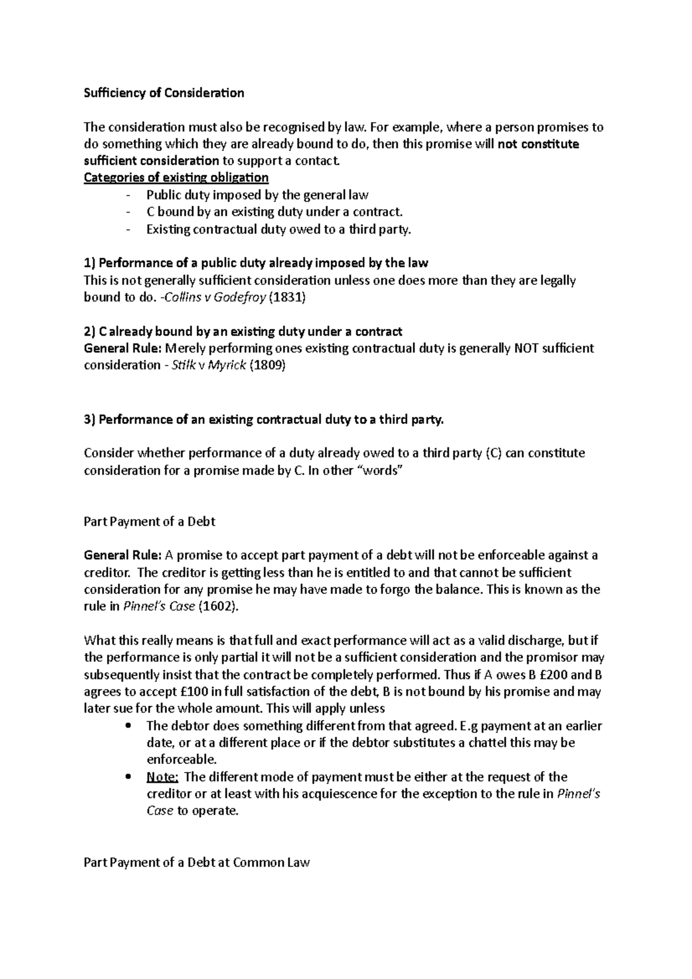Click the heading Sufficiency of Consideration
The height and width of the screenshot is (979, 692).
164,93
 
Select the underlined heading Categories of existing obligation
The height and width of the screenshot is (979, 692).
176,177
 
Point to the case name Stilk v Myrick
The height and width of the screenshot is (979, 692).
209,365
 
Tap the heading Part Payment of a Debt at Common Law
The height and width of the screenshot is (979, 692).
197,863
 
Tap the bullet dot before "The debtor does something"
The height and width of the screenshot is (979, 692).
128,725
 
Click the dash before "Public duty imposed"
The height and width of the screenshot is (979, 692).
128,195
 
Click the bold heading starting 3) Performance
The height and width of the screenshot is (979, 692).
264,419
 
